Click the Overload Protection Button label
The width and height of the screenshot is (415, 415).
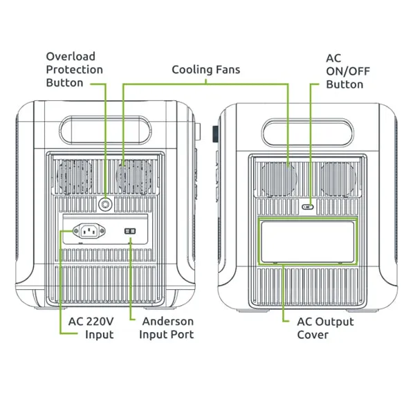click(75, 69)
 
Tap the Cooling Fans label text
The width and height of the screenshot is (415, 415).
click(206, 70)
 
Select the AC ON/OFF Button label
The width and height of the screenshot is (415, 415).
click(344, 71)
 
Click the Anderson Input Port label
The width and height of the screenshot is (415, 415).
click(167, 328)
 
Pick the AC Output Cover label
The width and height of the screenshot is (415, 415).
click(325, 328)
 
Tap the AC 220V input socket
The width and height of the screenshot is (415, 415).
click(89, 230)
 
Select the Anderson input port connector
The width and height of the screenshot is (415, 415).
click(130, 231)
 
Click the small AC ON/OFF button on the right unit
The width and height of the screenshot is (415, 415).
click(309, 205)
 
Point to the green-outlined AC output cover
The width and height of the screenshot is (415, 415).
click(307, 241)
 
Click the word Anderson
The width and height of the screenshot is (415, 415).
click(167, 322)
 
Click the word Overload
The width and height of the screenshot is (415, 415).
click(71, 56)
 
